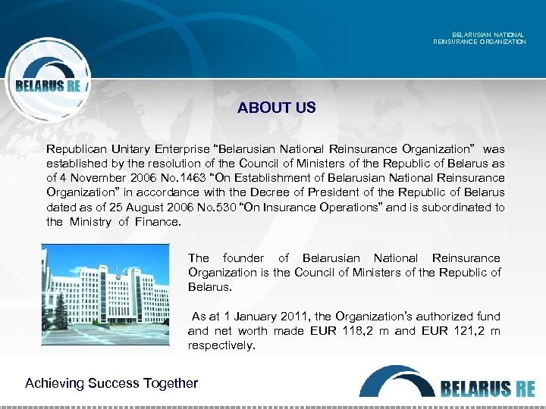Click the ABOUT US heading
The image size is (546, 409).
click(x=276, y=108)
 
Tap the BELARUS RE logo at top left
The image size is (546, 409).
click(x=48, y=86)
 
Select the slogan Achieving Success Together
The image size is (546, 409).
click(x=111, y=383)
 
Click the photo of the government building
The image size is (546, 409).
click(x=106, y=294)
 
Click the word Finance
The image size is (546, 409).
click(x=158, y=222)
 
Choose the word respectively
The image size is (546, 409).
click(x=221, y=345)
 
